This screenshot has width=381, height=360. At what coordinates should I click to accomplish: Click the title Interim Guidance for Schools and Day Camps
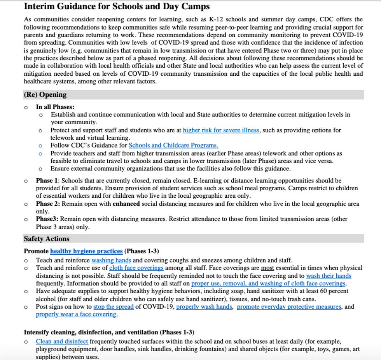pos(117,6)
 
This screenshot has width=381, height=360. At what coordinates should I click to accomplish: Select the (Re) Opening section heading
pos(45,95)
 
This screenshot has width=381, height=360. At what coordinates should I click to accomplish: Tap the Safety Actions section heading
pos(46,239)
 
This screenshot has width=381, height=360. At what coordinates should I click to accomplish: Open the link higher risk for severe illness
pos(221,130)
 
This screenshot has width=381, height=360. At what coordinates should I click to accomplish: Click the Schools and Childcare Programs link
pos(173,145)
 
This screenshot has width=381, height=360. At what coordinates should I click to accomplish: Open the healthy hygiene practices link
pos(86,251)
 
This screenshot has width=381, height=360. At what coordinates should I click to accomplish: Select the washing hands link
pos(111,260)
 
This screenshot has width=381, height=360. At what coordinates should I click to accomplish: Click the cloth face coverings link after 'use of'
pos(136,268)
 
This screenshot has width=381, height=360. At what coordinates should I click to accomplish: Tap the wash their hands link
pos(329,276)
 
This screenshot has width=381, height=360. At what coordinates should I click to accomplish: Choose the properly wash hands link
pos(204,307)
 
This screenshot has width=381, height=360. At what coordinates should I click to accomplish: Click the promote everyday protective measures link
pos(289,307)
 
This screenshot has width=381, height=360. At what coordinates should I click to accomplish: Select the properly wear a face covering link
pos(76,314)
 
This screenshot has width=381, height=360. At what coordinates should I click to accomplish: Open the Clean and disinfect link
pos(62,342)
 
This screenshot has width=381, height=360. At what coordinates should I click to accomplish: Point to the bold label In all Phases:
pos(55,107)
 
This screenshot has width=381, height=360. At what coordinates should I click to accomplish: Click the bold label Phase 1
pos(47,181)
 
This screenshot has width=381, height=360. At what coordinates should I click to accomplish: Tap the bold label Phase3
pos(47,219)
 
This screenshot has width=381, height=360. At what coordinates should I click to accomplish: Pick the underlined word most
pos(267,268)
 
